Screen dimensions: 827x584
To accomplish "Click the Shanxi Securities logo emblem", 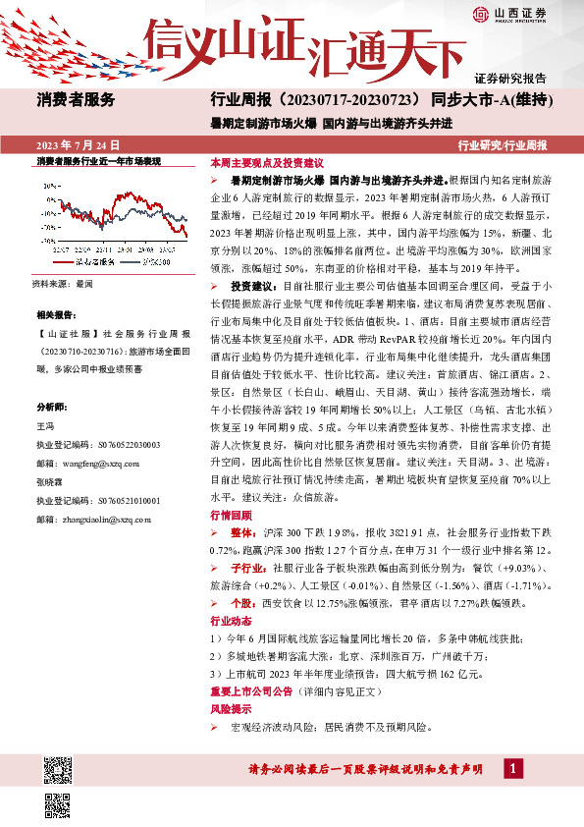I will tap(480, 14).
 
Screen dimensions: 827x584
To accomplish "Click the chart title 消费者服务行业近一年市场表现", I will tap(97, 160).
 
